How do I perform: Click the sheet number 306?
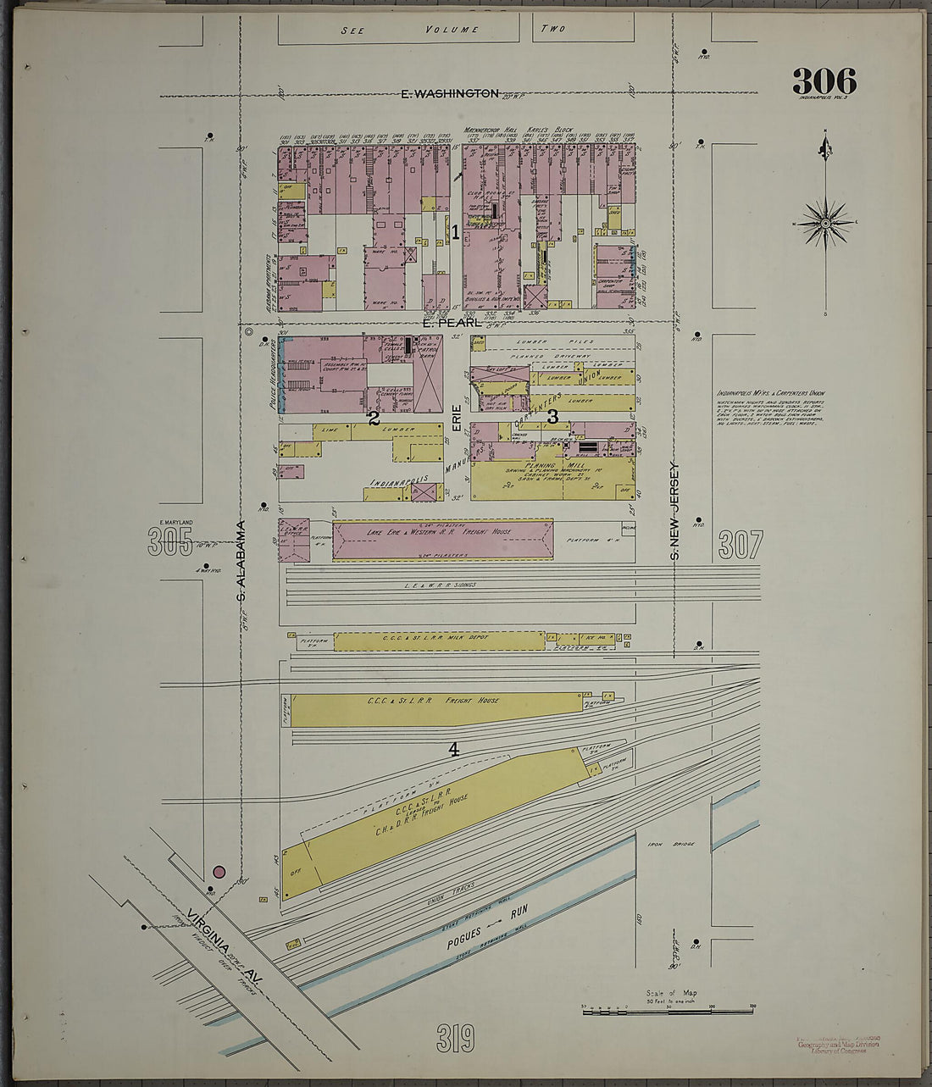click(x=824, y=82)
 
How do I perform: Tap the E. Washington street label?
click(x=449, y=94)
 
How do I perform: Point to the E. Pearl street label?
click(x=452, y=323)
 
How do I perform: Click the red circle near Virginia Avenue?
click(x=219, y=872)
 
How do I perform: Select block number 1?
click(x=455, y=231)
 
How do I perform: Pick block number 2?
click(x=373, y=417)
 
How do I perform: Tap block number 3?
click(x=552, y=416)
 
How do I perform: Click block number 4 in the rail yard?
click(x=454, y=749)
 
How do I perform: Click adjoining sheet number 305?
click(x=170, y=541)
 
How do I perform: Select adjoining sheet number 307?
click(x=740, y=544)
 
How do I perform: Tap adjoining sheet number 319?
click(x=455, y=1038)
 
